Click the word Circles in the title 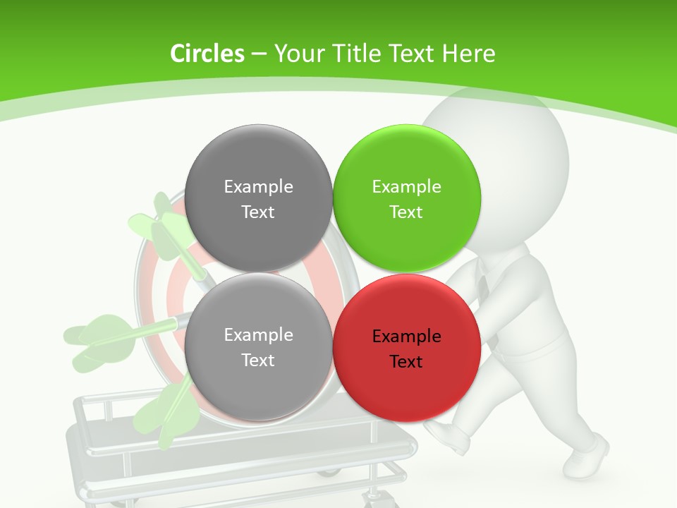tap(207, 54)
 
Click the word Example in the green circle tap(406, 187)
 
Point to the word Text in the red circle tap(406, 362)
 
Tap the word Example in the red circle tap(406, 337)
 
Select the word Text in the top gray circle tap(258, 212)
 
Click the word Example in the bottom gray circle tap(258, 335)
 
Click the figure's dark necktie tap(484, 286)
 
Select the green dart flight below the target tap(166, 413)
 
